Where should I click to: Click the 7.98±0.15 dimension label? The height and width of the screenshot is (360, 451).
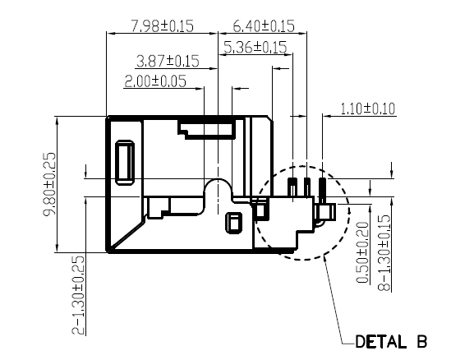(162, 26)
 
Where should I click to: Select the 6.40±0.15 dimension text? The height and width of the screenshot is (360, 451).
(264, 26)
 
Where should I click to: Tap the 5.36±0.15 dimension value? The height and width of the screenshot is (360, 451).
(255, 47)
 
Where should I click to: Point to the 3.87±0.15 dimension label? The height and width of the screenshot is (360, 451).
(168, 61)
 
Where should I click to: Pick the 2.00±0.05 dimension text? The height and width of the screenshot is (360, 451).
(155, 81)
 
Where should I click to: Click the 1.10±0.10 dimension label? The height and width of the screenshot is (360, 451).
(367, 108)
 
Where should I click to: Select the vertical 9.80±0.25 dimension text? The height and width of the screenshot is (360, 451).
(49, 184)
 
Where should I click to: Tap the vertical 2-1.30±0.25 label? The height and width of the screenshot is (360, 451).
(78, 296)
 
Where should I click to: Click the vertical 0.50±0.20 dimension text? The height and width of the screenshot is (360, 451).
(362, 252)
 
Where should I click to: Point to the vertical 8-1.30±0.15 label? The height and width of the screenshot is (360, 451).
(384, 252)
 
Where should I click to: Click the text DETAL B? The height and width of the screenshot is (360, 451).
(391, 342)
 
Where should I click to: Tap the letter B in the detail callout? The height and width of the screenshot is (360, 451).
(421, 342)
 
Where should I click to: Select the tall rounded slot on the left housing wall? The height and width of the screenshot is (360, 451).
(125, 162)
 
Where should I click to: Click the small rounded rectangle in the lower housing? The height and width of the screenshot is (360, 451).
(233, 223)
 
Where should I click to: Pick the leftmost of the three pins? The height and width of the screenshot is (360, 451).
(292, 187)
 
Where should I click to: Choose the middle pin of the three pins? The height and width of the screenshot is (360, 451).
(307, 187)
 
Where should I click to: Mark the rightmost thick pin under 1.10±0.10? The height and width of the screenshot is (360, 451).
(322, 190)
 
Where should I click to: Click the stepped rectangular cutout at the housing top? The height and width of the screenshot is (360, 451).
(207, 130)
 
